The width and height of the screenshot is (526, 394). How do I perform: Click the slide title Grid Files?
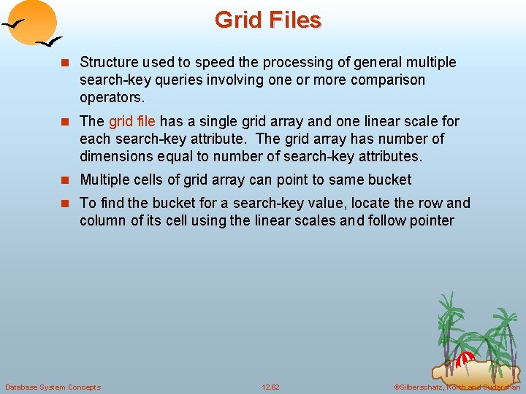pyautogui.click(x=267, y=20)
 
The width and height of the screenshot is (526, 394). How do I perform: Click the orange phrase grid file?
pyautogui.click(x=131, y=121)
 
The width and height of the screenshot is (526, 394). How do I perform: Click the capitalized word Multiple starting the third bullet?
pyautogui.click(x=107, y=179)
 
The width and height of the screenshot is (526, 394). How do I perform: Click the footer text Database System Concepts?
pyautogui.click(x=53, y=387)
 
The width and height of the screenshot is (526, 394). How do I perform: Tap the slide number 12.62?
pyautogui.click(x=270, y=387)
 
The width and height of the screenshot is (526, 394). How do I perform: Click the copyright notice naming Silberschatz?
pyautogui.click(x=457, y=387)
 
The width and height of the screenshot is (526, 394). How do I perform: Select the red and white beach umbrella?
pyautogui.click(x=465, y=359)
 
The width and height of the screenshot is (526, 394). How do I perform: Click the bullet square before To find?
pyautogui.click(x=68, y=204)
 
